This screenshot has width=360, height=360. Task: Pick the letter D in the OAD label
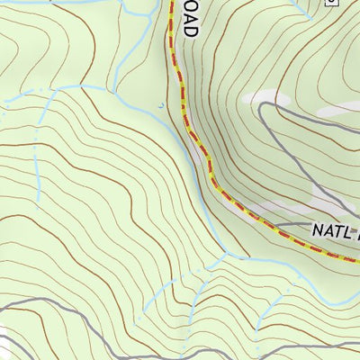[x=189, y=30]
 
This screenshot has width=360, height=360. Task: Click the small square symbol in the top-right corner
[x=330, y=3]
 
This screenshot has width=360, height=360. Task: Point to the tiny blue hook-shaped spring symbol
[x=161, y=105]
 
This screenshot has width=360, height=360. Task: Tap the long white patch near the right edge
[x=337, y=108]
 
